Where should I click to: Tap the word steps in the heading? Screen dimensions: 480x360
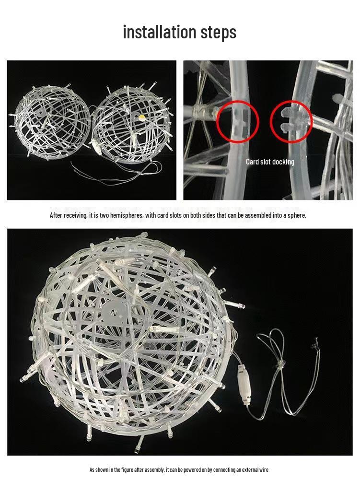[216, 32]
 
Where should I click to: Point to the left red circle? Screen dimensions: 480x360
[237, 122]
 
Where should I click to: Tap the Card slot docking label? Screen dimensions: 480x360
[270, 162]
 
